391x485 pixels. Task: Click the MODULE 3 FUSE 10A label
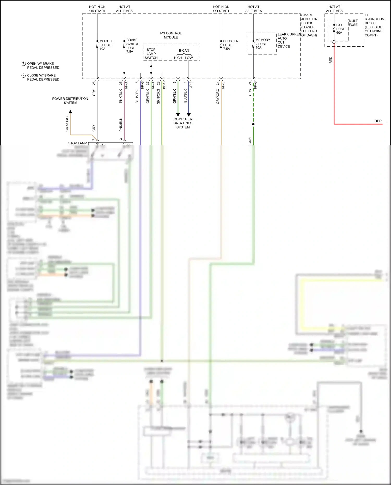106,45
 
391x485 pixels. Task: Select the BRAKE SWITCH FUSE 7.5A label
132,46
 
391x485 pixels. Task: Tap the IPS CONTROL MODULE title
171,35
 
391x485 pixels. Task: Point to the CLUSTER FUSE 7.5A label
230,45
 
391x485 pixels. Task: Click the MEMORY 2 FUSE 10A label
262,44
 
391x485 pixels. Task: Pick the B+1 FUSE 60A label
340,29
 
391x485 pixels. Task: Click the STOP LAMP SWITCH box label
151,54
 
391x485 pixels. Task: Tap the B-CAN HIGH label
178,58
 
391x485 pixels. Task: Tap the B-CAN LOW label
189,58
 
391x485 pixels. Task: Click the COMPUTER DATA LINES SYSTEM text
183,123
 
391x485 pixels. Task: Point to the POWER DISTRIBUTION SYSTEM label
70,101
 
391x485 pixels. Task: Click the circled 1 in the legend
23,64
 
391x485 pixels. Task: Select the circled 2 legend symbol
23,76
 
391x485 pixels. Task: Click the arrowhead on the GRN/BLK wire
178,115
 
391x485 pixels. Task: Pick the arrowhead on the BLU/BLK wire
189,115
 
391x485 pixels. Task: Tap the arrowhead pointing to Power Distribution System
70,112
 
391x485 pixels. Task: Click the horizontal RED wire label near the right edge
378,121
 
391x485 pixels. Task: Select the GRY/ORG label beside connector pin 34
218,96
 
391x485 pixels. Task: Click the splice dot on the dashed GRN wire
253,124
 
